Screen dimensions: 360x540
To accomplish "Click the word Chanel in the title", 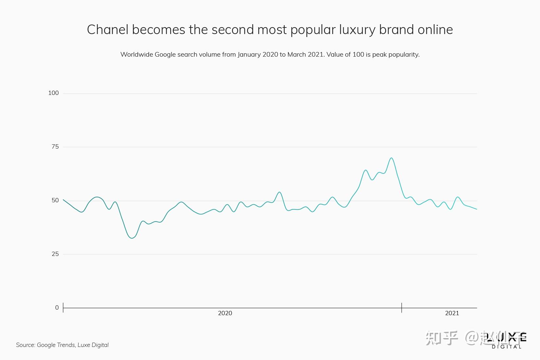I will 107,30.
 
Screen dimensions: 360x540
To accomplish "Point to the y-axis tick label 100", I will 53,93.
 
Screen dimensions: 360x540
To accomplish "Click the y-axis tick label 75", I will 55,147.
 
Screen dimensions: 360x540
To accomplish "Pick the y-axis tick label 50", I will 55,200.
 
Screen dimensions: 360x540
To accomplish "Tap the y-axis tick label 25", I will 55,254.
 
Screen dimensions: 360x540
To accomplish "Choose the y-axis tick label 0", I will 57,308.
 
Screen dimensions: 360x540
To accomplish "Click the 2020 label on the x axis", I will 225,313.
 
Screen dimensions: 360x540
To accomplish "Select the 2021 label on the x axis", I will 452,313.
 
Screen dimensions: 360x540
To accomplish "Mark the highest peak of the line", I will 391,158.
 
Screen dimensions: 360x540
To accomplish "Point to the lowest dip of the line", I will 132,238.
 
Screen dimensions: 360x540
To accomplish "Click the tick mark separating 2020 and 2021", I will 402,308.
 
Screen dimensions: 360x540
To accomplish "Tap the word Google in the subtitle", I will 165,55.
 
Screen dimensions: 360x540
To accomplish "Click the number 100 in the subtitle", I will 358,54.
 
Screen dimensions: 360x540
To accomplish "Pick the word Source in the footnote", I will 26,345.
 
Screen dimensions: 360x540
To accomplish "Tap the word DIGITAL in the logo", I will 506,347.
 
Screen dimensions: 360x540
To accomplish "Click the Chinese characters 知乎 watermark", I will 441,338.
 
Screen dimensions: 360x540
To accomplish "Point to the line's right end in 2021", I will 477,209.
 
